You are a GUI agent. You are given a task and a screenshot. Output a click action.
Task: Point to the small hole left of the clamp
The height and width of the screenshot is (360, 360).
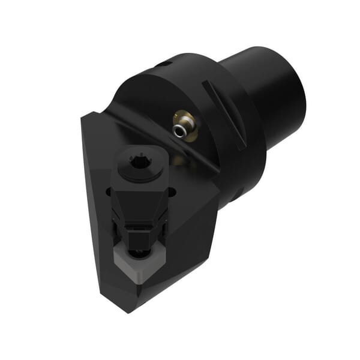[x=110, y=193]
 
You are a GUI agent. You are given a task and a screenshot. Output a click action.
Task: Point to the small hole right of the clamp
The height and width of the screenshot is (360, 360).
[x=172, y=193]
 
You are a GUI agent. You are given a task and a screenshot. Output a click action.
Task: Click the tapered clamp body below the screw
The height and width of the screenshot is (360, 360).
[x=140, y=198]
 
